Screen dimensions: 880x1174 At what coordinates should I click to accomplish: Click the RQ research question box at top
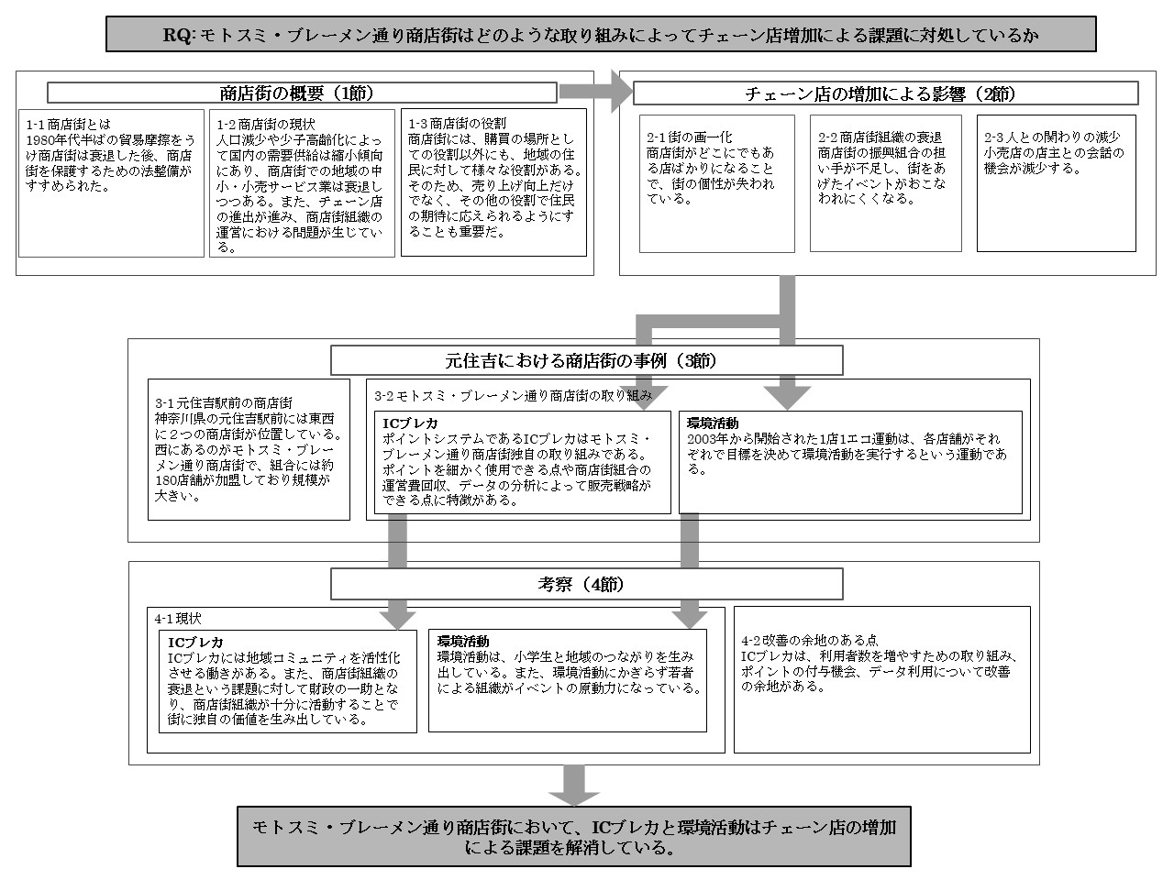click(601, 35)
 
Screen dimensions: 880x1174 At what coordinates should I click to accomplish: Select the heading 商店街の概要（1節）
click(302, 93)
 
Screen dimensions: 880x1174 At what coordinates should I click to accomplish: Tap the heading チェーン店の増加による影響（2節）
click(885, 93)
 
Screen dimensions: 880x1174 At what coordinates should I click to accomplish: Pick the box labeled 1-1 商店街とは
click(111, 183)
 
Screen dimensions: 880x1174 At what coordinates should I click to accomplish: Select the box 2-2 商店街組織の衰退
click(885, 182)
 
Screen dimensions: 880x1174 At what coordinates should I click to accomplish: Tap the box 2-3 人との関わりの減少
click(1056, 182)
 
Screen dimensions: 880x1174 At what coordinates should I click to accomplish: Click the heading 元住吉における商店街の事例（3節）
click(586, 360)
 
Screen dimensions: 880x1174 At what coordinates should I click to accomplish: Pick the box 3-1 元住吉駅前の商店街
click(249, 450)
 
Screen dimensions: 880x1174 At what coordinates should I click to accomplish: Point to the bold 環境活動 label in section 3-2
click(713, 423)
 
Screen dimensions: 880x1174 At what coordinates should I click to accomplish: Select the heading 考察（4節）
click(586, 584)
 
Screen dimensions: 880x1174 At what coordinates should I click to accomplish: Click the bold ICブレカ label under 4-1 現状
click(195, 642)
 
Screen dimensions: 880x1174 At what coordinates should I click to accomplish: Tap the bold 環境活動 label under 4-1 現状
click(463, 641)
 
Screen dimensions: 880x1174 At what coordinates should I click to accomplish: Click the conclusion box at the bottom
click(574, 836)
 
